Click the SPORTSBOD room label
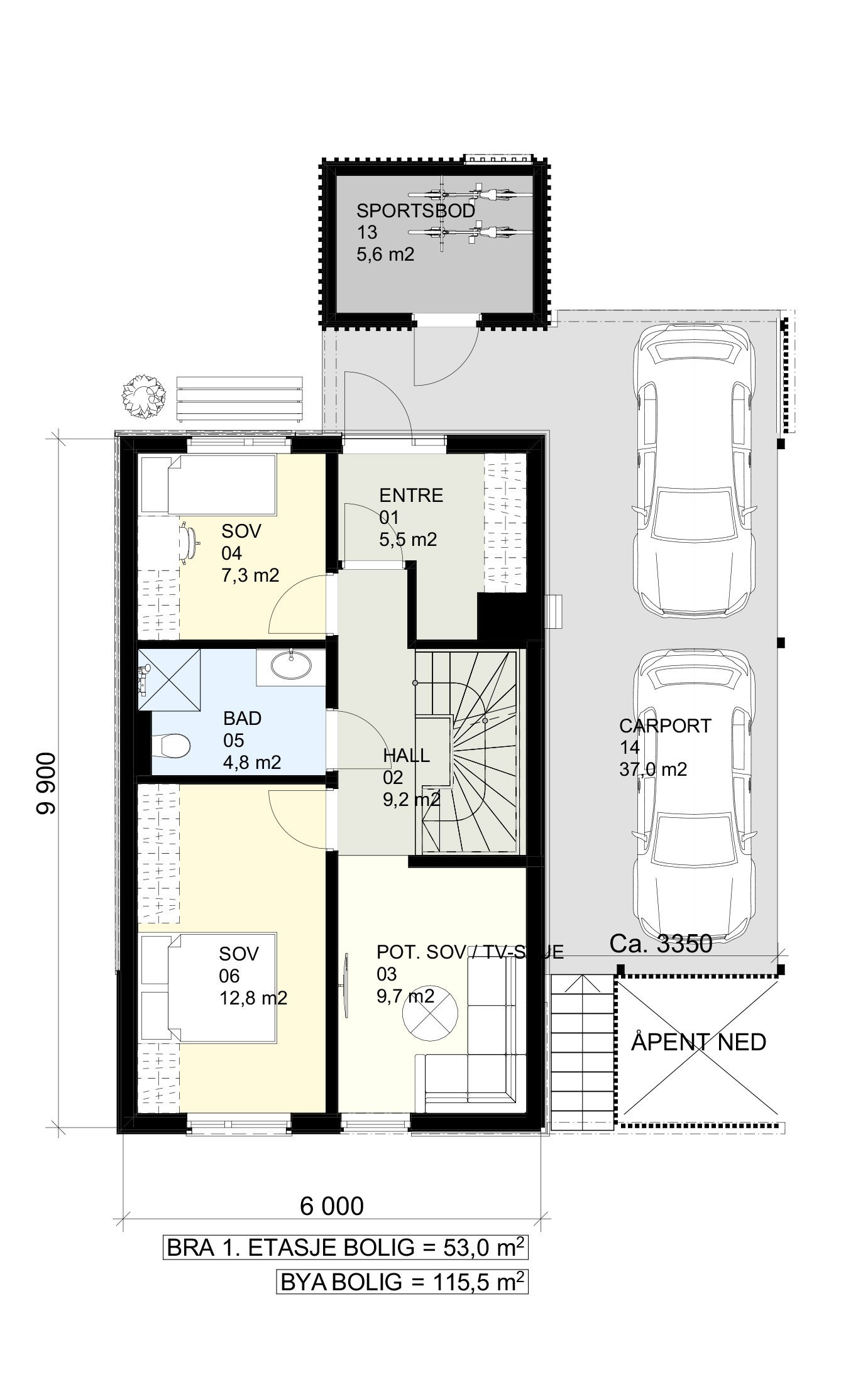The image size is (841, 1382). point(415,210)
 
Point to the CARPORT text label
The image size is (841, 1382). point(665,726)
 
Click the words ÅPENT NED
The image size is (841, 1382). point(698,1042)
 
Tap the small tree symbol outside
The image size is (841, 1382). point(145,394)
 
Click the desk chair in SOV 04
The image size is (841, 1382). point(189,542)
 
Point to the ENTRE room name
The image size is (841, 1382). point(411,496)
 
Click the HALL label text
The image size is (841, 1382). point(406,756)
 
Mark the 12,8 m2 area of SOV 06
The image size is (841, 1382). point(253,998)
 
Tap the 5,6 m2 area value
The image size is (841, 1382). point(385,254)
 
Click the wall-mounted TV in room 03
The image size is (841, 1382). point(346,983)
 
